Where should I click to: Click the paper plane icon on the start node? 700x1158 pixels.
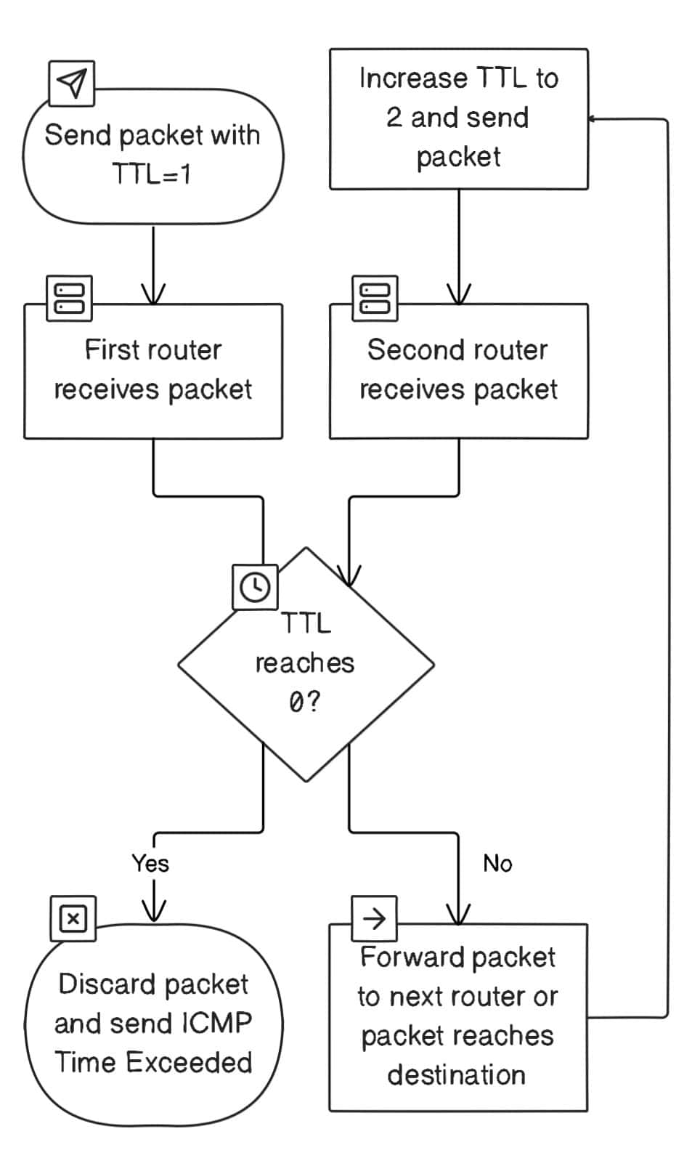(71, 84)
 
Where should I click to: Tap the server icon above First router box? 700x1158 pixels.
(69, 298)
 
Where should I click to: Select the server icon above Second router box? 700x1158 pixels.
(375, 298)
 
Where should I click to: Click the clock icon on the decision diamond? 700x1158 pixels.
(254, 586)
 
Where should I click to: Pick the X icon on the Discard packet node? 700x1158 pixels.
(73, 919)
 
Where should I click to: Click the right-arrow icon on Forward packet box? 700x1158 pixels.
(374, 919)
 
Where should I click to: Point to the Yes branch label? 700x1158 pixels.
(150, 863)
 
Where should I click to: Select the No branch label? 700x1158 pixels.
(497, 863)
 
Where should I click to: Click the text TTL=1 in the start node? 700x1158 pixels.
(152, 174)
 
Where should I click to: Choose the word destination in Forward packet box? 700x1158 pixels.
(456, 1074)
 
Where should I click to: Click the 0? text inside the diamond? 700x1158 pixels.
(304, 703)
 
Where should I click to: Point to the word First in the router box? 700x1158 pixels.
(111, 350)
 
